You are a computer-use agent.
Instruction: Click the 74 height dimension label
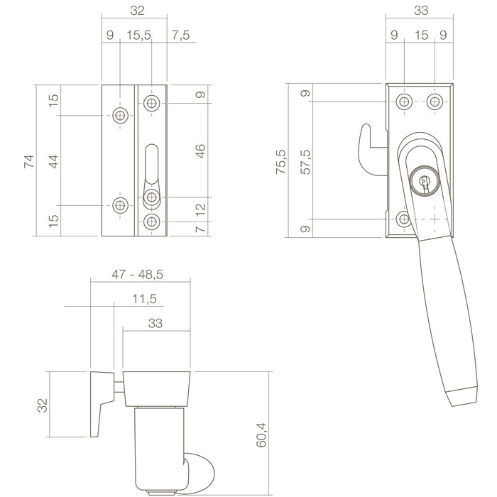click(x=28, y=161)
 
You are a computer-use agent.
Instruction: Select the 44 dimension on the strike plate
click(x=53, y=161)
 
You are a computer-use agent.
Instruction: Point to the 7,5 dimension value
click(x=180, y=35)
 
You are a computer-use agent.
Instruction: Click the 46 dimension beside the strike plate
click(x=200, y=151)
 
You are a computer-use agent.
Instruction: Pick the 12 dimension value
click(x=200, y=209)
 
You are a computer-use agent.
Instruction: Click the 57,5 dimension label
click(x=305, y=161)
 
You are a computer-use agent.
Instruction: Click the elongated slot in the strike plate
click(x=151, y=165)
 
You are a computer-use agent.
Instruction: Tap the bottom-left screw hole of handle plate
click(x=403, y=219)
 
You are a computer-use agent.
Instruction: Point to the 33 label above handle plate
click(x=420, y=11)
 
